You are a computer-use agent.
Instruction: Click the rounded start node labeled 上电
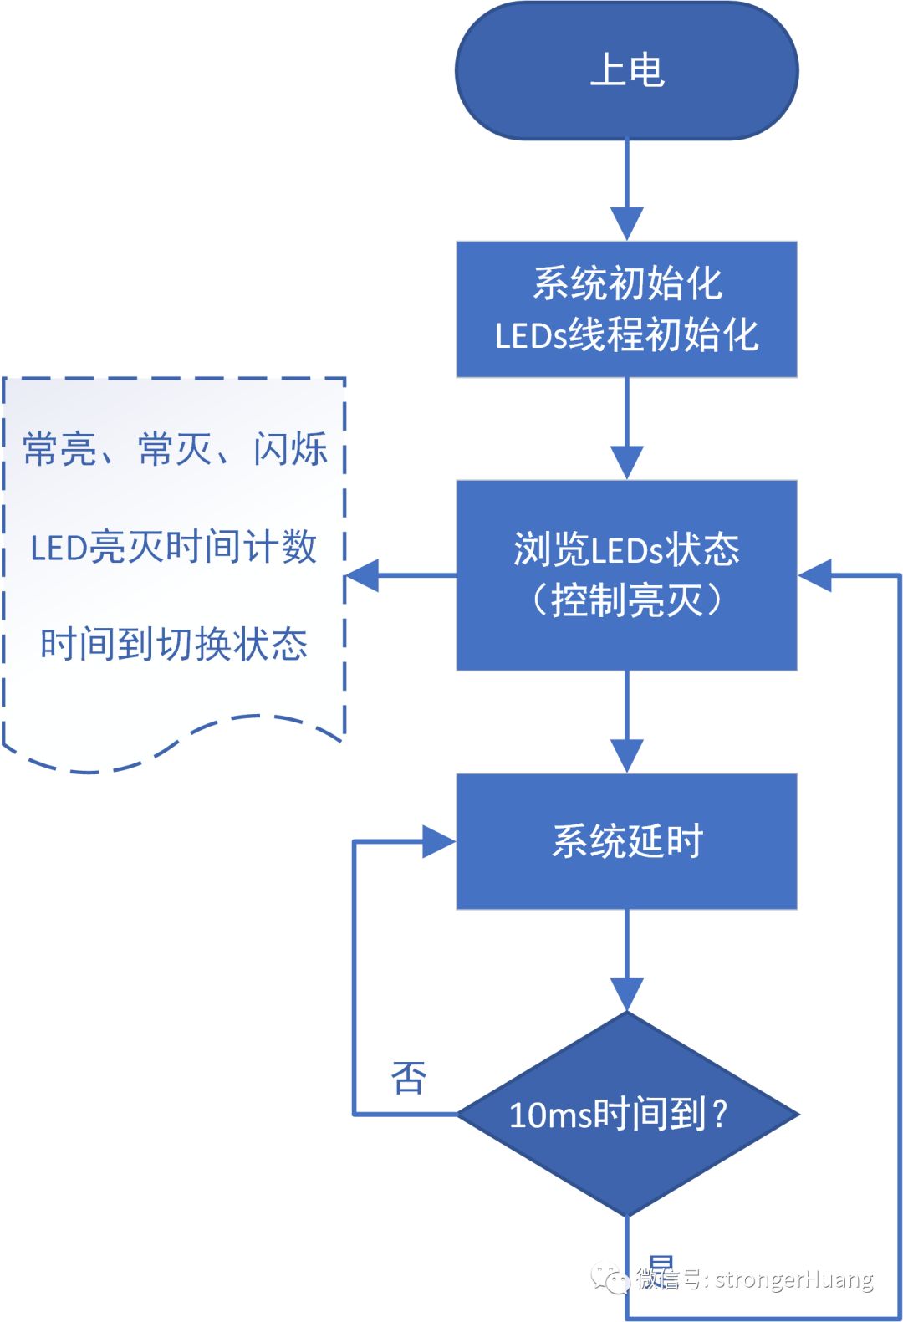pos(626,71)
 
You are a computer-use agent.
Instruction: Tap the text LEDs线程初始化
pos(626,335)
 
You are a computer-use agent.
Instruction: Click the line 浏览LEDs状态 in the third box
pos(626,549)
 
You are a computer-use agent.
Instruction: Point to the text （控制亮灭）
pos(626,600)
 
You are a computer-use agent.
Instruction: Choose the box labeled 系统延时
pos(626,840)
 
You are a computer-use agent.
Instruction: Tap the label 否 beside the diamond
pos(409,1078)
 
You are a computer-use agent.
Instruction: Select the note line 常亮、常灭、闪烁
pos(174,449)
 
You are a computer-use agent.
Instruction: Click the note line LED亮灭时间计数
pos(174,547)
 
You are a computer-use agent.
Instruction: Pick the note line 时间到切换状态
pos(174,645)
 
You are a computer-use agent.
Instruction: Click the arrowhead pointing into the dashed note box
pos(361,575)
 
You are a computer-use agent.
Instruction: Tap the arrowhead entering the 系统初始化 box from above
pos(626,223)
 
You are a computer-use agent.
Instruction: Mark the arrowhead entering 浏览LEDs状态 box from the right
pos(814,575)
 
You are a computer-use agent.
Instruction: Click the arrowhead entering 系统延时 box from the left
pos(439,841)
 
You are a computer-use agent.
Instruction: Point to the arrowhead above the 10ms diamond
pos(626,994)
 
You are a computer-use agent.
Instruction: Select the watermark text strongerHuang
pos(793,1279)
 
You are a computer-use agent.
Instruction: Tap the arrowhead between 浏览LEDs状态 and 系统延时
pos(626,755)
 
